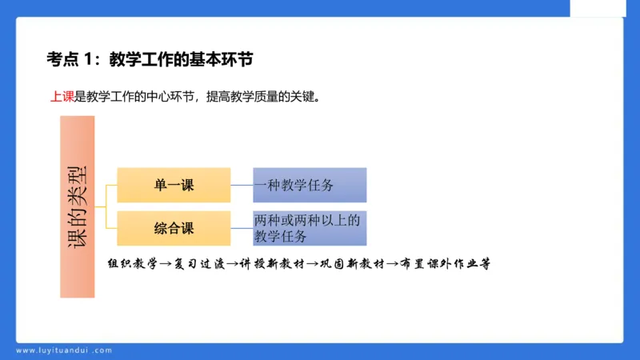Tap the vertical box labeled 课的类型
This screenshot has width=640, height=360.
click(x=78, y=206)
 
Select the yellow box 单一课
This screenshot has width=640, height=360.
click(x=174, y=185)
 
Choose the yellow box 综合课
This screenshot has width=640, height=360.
click(x=174, y=228)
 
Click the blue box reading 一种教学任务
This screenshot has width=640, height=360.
click(x=310, y=185)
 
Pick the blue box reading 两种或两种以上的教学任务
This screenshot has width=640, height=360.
click(x=310, y=228)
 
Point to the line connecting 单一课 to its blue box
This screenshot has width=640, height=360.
click(x=242, y=185)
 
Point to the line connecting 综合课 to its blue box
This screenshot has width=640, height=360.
click(x=242, y=228)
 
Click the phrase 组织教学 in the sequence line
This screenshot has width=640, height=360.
click(x=132, y=263)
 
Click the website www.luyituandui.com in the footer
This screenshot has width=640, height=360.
click(x=64, y=350)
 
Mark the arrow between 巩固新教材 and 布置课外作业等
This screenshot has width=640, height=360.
click(x=393, y=263)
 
